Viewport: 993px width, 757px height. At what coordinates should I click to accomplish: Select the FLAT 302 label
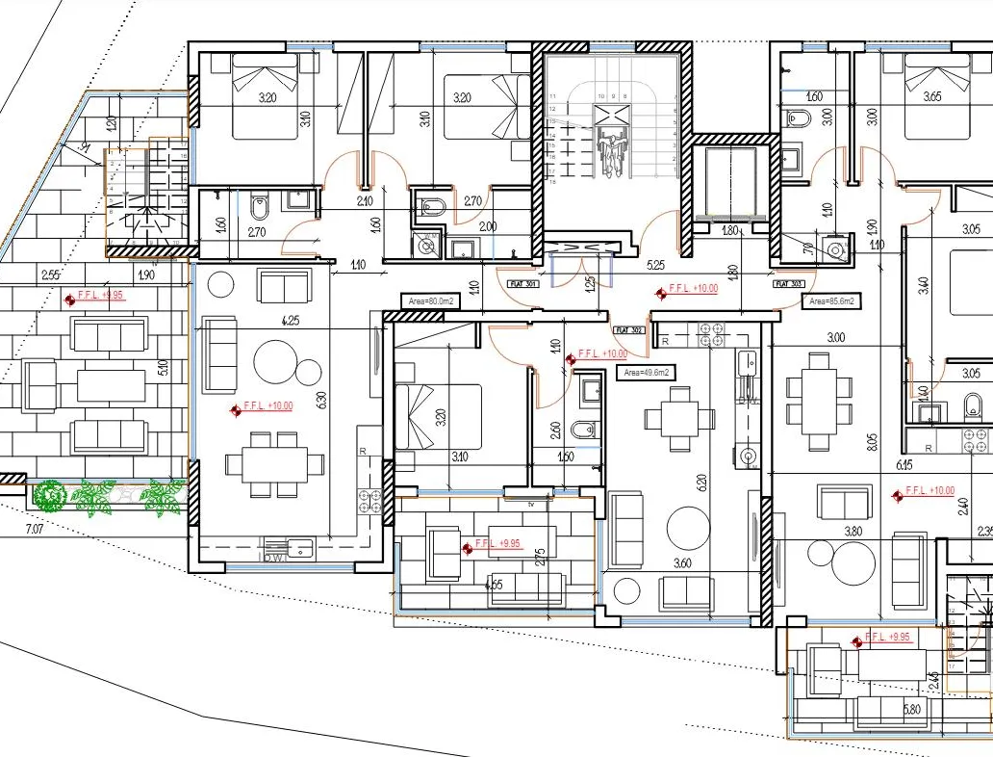point(631,330)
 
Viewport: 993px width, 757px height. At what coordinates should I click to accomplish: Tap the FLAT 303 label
point(789,284)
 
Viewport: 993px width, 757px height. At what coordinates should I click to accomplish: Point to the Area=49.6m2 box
point(646,372)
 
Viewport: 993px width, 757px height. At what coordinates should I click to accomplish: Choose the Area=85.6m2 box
point(831,300)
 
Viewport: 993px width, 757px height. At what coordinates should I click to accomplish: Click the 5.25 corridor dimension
point(658,264)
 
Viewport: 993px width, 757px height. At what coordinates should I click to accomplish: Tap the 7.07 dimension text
point(35,529)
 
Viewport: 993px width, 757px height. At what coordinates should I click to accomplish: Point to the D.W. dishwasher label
point(273,558)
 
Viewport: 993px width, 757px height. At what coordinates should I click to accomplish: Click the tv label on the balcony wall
point(530,503)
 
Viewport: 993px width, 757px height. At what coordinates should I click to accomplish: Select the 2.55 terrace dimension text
point(51,275)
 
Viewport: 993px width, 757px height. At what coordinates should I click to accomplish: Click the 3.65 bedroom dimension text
point(931,97)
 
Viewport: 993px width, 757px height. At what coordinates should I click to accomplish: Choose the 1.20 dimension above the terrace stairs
point(111,123)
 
